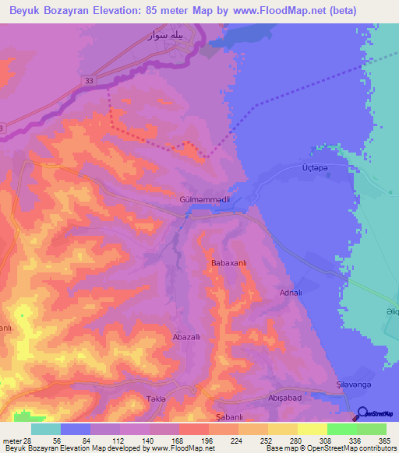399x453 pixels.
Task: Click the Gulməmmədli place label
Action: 204,200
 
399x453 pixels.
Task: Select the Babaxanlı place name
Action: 229,264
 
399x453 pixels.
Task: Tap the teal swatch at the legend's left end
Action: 46,429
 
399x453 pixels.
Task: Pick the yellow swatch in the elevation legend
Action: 312,429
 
